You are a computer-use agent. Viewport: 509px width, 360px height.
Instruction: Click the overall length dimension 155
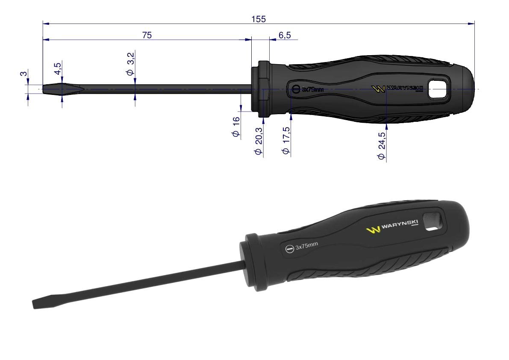pos(259,19)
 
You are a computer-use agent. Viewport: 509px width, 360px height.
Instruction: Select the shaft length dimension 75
pos(147,35)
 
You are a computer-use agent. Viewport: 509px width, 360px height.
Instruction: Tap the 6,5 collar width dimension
pos(285,35)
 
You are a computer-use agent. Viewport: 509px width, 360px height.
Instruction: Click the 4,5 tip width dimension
pos(57,68)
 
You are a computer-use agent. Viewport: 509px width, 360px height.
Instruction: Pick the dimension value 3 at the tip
pos(24,74)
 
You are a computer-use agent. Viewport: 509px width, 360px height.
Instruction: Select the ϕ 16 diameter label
pos(236,127)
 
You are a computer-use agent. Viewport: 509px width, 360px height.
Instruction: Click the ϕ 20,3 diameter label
pos(259,141)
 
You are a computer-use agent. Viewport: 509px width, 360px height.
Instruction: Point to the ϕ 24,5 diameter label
pos(381,146)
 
